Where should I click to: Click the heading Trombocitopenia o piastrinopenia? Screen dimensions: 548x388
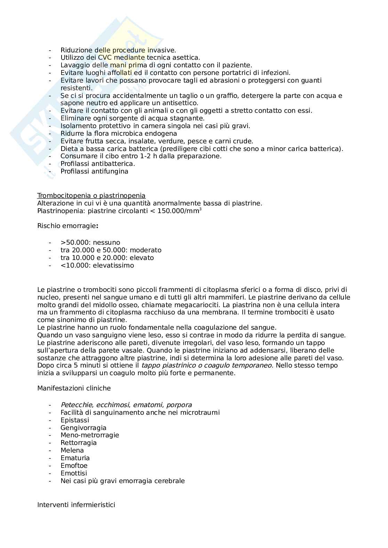tap(91, 196)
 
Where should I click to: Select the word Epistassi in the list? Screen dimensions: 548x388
tap(74, 420)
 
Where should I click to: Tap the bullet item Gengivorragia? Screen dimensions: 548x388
tap(83, 428)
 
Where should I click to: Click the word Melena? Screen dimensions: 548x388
tap(72, 450)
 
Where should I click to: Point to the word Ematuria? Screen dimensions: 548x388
tap(75, 458)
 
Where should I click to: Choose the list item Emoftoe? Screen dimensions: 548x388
tap(74, 466)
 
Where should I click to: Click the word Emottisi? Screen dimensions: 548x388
tap(74, 473)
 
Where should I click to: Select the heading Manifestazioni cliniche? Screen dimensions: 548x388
tap(74, 388)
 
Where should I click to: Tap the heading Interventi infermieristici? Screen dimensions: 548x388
tap(76, 505)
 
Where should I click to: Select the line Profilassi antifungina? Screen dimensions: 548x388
tap(94, 171)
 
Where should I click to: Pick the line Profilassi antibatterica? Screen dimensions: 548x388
tap(98, 164)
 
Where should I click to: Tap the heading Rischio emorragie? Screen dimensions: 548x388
tap(67, 226)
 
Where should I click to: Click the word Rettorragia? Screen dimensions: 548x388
tap(79, 443)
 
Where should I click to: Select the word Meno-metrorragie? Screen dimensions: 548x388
tap(90, 435)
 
